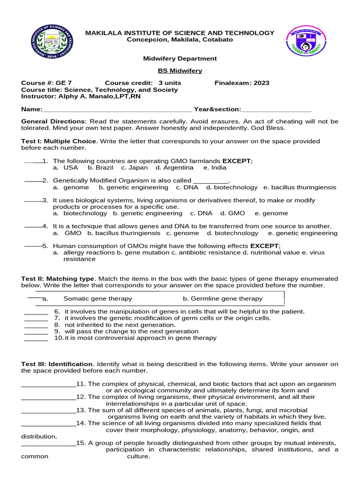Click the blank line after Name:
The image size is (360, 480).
tap(117, 110)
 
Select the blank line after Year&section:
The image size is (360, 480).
tap(276, 110)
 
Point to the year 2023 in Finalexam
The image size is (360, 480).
tap(261, 83)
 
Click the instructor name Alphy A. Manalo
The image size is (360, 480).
tap(96, 96)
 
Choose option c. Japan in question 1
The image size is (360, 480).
tap(134, 167)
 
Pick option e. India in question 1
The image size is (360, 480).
tap(215, 167)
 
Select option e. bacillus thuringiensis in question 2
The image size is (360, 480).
tap(300, 187)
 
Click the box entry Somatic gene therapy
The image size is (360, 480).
tap(97, 299)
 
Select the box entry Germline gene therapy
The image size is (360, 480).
tap(223, 299)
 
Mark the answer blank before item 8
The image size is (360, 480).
tap(36, 325)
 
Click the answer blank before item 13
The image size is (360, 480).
tap(48, 410)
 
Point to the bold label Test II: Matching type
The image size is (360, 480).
tap(58, 278)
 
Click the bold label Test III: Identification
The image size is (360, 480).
tap(57, 364)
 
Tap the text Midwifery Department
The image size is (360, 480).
tap(180, 59)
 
